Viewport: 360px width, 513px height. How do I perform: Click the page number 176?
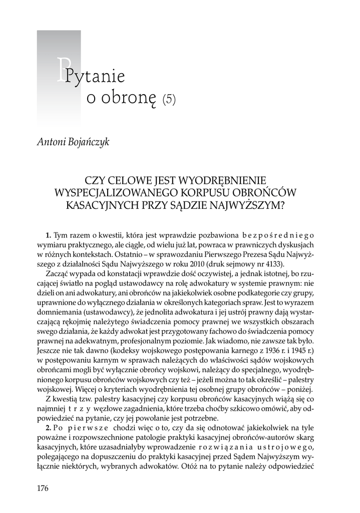point(43,488)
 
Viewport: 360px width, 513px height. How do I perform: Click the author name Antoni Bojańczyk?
point(73,142)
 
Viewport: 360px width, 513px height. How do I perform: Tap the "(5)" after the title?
point(169,99)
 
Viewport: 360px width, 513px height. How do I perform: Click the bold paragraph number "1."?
point(48,235)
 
